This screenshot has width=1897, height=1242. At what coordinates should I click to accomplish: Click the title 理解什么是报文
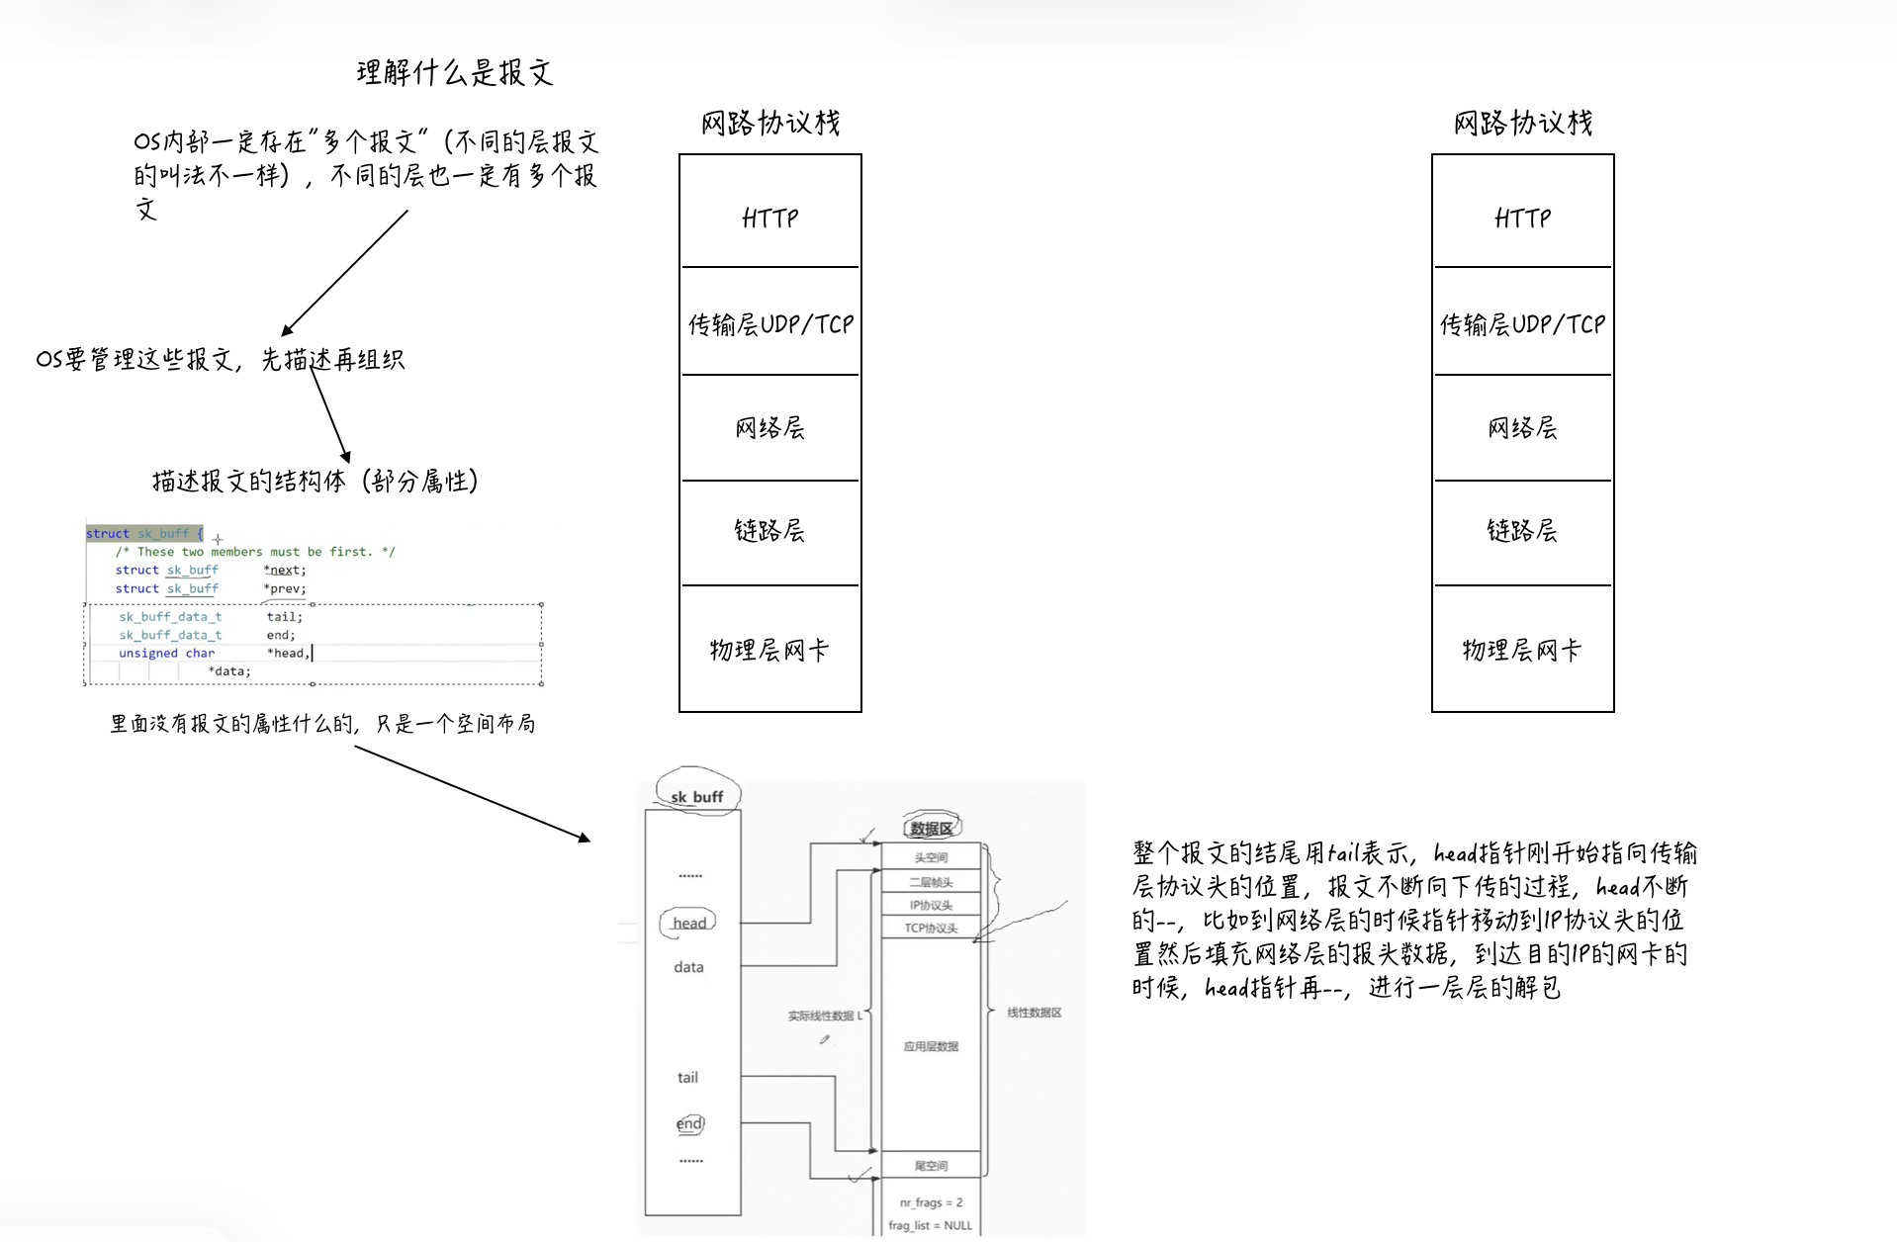pos(454,72)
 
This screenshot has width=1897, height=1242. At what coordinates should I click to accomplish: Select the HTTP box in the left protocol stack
pos(769,217)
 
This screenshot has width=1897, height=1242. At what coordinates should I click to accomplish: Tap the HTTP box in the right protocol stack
pos(1522,217)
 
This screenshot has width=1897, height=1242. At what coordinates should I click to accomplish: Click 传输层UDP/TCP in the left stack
pos(769,323)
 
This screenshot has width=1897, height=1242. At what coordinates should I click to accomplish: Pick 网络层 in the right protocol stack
pos(1522,427)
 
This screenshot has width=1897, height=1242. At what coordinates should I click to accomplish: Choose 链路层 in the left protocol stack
pos(769,531)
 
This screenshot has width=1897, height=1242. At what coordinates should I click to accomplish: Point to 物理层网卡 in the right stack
pos(1522,650)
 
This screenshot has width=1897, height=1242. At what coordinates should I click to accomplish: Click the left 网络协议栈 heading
pos(769,123)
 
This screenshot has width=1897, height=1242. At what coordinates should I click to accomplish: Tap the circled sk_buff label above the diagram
pos(697,796)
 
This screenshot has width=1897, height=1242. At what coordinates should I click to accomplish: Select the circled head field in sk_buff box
pos(688,924)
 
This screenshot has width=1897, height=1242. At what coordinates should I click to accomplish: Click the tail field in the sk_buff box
pos(687,1078)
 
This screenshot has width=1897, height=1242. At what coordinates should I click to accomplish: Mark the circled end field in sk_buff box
pos(689,1124)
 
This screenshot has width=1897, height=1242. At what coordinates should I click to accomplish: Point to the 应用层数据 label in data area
pos(931,1046)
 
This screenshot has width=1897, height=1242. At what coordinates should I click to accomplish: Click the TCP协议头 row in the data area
pos(931,929)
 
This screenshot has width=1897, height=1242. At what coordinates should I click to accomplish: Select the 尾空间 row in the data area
pos(931,1166)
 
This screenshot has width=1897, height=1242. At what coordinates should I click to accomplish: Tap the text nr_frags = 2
pos(931,1202)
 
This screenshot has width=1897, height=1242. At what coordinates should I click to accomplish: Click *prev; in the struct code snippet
pos(285,588)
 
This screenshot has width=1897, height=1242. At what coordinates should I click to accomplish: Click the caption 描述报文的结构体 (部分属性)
pos(315,482)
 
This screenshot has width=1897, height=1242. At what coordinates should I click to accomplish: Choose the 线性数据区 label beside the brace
pos(1034,1013)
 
